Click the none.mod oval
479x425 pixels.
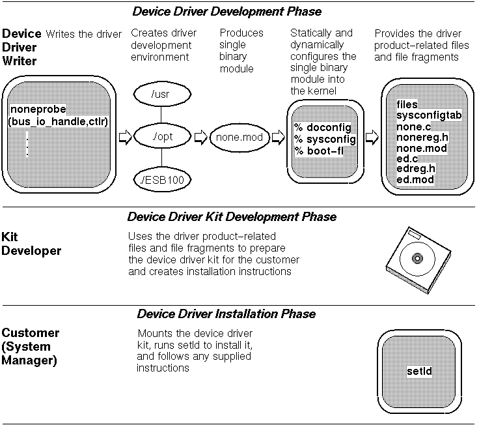pyautogui.click(x=239, y=137)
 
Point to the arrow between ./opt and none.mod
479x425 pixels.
pyautogui.click(x=200, y=137)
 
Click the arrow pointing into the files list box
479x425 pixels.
pyautogui.click(x=372, y=137)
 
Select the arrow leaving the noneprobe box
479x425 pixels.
pyautogui.click(x=124, y=137)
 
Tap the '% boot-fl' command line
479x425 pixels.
pyautogui.click(x=319, y=151)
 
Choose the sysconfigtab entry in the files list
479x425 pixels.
pyautogui.click(x=429, y=115)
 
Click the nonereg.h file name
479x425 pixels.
pyautogui.click(x=423, y=136)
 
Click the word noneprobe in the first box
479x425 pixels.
pyautogui.click(x=38, y=110)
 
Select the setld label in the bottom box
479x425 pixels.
pyautogui.click(x=420, y=371)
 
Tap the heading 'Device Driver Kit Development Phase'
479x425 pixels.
pyautogui.click(x=232, y=216)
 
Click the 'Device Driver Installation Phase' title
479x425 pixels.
pyautogui.click(x=226, y=314)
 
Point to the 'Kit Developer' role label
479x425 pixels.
pyautogui.click(x=31, y=243)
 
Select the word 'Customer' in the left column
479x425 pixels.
pyautogui.click(x=31, y=333)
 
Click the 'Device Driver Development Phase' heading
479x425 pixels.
pyautogui.click(x=226, y=11)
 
